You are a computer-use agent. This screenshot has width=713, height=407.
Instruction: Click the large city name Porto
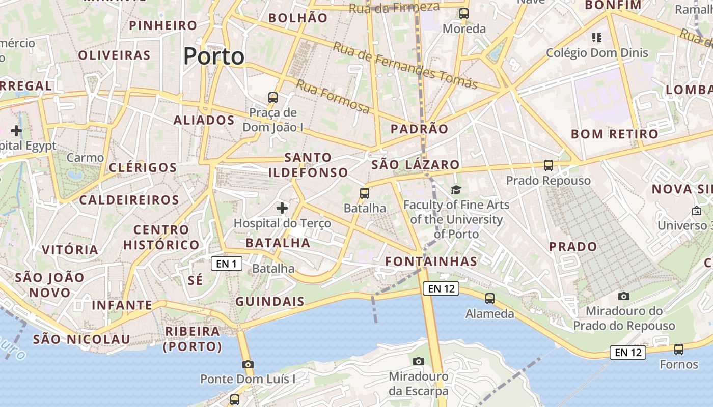tap(213, 56)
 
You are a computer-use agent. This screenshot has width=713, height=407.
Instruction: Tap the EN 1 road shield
tap(226, 264)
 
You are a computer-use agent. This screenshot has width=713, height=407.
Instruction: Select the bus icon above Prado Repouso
tap(548, 165)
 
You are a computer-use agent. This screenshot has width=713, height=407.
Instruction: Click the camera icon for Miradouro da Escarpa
tap(418, 362)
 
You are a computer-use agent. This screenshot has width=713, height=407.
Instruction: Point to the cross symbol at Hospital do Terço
tap(282, 208)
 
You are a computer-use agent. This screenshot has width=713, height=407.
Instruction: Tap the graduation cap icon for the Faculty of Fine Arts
tap(455, 190)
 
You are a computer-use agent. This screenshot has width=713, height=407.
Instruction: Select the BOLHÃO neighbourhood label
tap(298, 18)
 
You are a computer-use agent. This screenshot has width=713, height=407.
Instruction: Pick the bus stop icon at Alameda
tap(489, 299)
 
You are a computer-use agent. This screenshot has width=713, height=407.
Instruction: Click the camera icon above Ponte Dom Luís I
tap(248, 364)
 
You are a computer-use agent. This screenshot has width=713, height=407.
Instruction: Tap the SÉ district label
tap(195, 280)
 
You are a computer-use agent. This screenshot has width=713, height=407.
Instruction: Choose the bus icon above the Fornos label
tap(678, 350)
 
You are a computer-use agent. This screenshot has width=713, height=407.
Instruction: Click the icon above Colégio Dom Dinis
tap(596, 38)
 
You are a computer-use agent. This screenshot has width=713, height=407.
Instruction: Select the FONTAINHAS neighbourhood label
tap(431, 261)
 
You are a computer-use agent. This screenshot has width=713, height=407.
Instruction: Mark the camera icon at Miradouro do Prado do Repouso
tap(623, 296)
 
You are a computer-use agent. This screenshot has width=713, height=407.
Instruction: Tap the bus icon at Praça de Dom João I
tap(273, 97)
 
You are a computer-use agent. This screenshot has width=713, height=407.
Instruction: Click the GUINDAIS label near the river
tap(269, 302)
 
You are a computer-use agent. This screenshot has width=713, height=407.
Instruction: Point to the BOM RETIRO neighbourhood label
tap(615, 134)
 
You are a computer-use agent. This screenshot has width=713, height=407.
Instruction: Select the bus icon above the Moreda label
tap(463, 14)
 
